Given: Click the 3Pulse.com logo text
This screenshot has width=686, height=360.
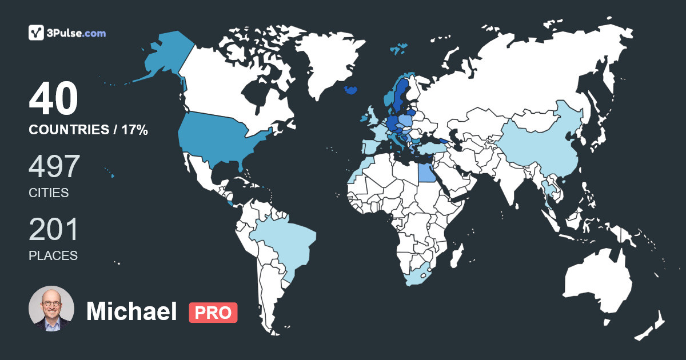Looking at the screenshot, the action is [x=77, y=33].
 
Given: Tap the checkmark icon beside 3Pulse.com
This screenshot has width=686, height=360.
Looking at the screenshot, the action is [x=37, y=33].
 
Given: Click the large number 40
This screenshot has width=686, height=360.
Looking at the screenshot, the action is [x=53, y=99].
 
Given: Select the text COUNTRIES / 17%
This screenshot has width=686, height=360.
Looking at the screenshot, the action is [x=88, y=130].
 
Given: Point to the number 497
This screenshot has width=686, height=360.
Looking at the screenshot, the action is [x=54, y=167].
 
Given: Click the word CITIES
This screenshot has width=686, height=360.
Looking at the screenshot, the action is [x=49, y=193].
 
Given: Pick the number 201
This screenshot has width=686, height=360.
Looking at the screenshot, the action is [x=53, y=230].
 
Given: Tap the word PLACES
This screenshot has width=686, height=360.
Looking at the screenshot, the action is [x=53, y=256].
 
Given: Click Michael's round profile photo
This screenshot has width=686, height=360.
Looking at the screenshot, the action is [x=51, y=309].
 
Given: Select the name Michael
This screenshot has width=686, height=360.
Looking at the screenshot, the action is [x=131, y=311].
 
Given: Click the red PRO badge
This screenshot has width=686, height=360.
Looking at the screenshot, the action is [x=213, y=313].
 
